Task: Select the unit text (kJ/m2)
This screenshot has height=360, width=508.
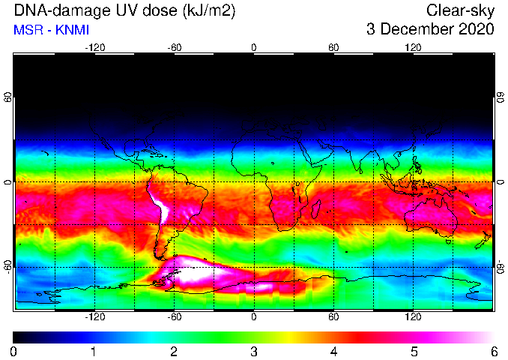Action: click(x=208, y=10)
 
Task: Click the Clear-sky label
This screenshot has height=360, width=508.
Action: click(x=460, y=11)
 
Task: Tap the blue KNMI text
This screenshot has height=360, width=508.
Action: click(x=72, y=30)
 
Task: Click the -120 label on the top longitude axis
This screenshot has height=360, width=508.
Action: click(x=95, y=48)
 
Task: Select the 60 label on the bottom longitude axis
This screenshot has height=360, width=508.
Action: click(x=333, y=316)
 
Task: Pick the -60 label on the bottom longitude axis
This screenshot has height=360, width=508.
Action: click(x=175, y=316)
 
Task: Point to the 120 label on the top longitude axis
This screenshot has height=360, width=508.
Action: click(x=413, y=48)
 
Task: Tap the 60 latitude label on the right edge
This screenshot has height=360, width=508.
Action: click(x=501, y=97)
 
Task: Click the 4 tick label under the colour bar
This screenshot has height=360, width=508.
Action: click(x=333, y=352)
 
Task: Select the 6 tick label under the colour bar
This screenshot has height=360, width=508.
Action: click(x=494, y=352)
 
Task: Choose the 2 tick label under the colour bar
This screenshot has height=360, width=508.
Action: click(x=174, y=352)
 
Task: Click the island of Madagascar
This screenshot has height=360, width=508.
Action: click(x=316, y=209)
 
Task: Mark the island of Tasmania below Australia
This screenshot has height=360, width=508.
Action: click(x=448, y=241)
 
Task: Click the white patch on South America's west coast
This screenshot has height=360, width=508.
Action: click(x=161, y=204)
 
